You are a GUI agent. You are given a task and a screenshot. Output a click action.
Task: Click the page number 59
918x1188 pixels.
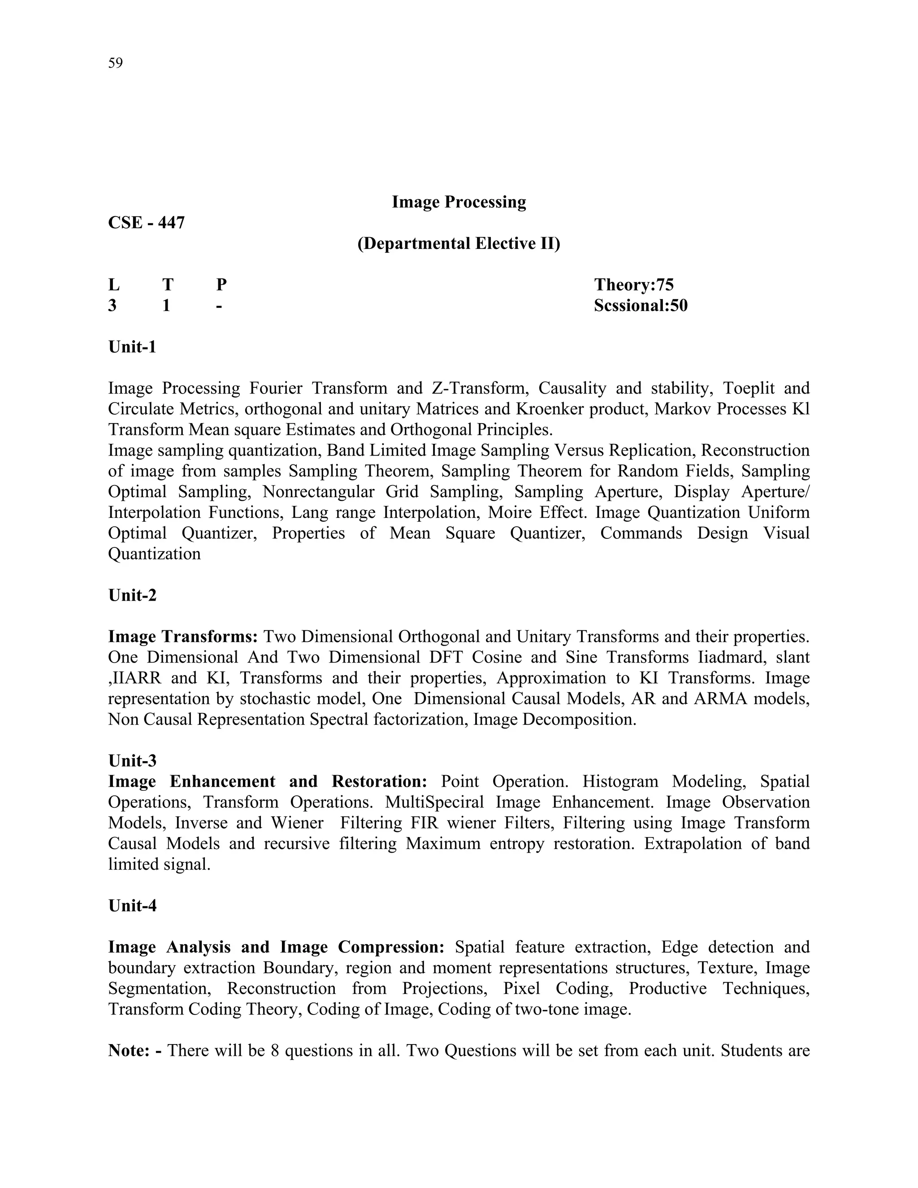(x=115, y=63)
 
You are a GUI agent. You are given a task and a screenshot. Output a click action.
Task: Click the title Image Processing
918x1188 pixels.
(x=459, y=202)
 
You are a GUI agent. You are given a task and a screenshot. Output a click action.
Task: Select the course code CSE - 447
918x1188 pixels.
(x=146, y=222)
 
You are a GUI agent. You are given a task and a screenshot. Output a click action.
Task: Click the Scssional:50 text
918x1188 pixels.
(x=640, y=305)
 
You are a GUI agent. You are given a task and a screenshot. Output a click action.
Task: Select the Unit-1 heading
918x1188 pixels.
(x=132, y=347)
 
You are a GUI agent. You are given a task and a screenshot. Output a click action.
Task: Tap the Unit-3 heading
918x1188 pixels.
(x=132, y=760)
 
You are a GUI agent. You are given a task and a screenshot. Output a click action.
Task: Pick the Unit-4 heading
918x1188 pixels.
(x=132, y=906)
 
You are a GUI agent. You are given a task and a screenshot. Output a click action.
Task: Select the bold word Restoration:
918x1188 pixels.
(x=379, y=781)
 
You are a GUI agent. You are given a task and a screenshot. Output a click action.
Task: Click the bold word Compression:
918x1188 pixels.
(x=391, y=947)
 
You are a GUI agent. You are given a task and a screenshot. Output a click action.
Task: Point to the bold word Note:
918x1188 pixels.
(x=128, y=1050)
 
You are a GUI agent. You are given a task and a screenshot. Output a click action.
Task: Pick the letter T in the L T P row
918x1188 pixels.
(x=168, y=285)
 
